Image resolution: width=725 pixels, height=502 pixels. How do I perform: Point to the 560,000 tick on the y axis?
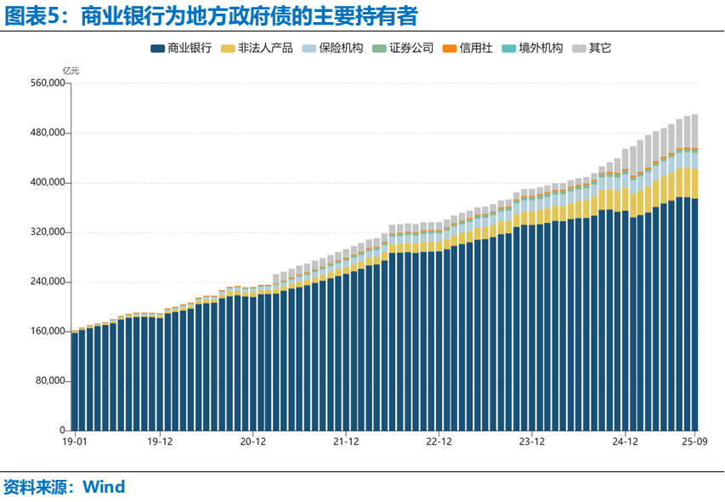47,83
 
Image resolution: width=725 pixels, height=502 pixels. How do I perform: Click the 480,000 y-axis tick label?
47,133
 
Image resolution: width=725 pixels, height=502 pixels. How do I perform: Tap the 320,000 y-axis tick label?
47,232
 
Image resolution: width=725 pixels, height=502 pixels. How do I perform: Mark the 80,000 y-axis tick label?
49,381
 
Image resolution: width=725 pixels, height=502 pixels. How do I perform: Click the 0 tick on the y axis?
62,431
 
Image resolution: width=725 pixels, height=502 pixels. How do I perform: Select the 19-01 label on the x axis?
75,442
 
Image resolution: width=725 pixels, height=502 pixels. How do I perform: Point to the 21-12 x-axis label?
346,442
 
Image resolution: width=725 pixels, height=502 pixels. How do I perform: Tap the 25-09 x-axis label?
694,442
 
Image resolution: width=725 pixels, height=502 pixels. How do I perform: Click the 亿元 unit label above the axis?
71,71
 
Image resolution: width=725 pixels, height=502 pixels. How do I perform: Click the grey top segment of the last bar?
694,131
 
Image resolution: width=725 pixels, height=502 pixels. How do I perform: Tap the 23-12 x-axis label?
531,442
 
